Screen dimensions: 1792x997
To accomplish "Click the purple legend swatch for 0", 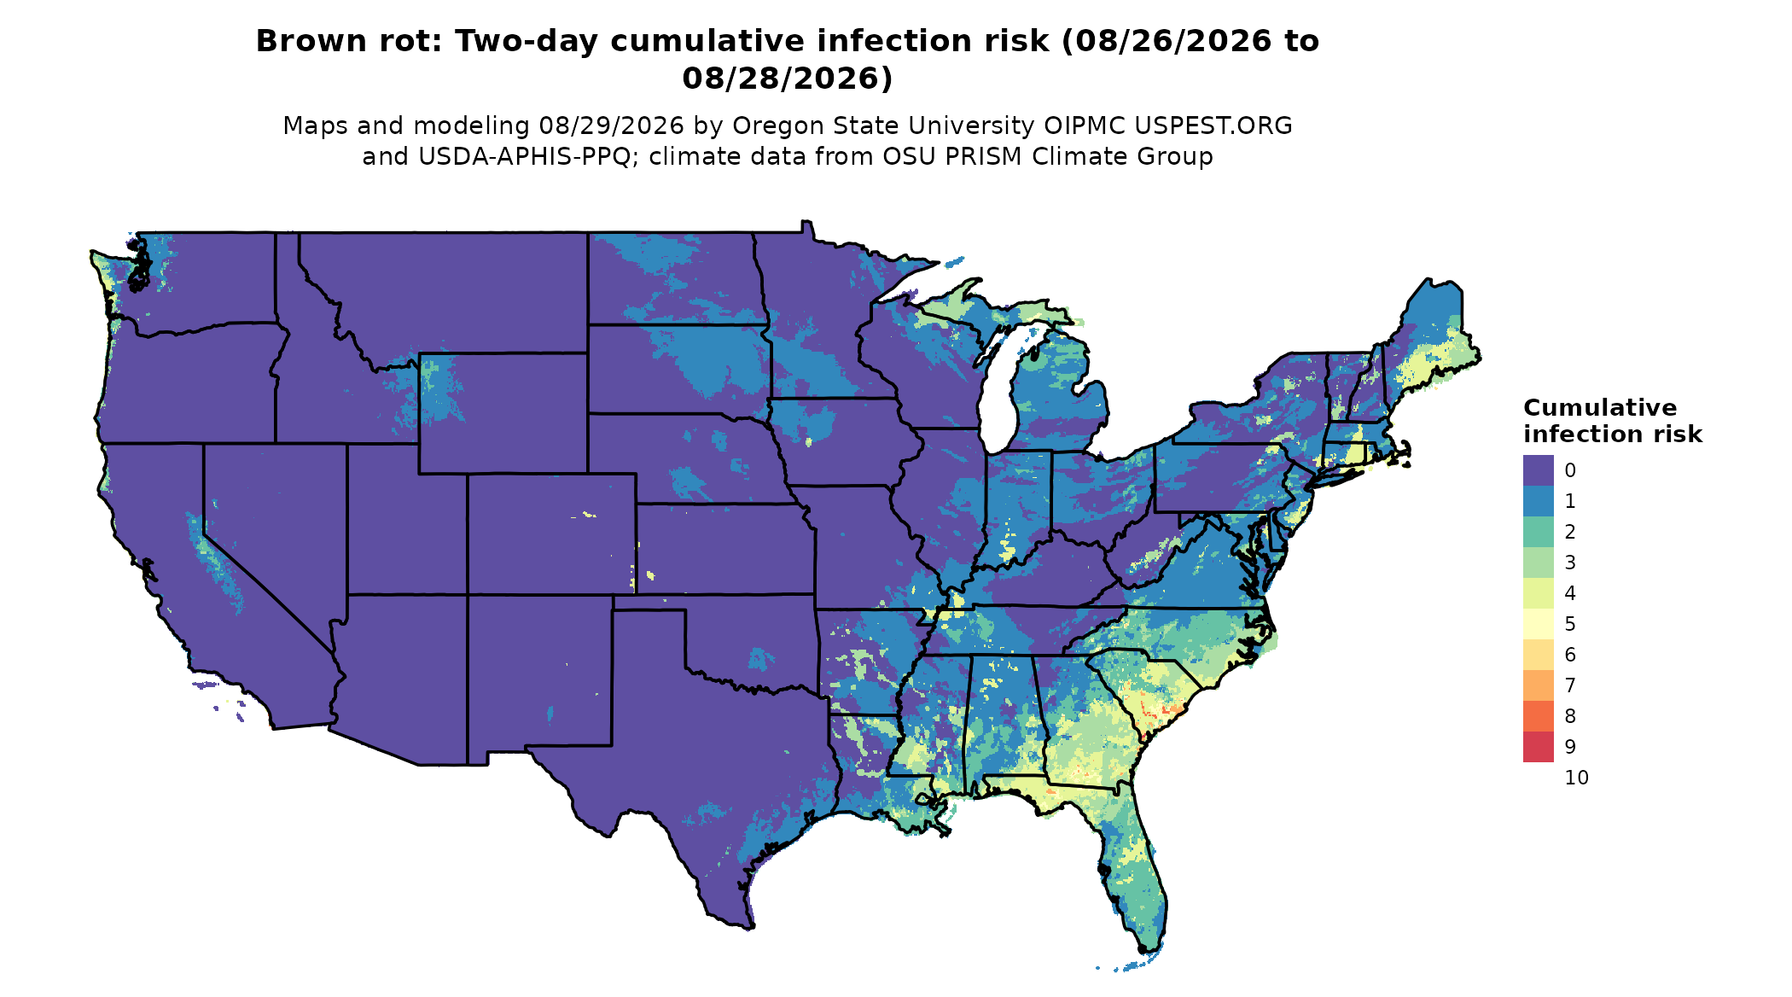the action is pos(1538,470).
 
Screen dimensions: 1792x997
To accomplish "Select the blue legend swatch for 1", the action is pos(1538,501).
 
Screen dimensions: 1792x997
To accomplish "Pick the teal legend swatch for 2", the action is pos(1538,532).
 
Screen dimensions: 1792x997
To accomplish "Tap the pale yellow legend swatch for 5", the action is pos(1538,624).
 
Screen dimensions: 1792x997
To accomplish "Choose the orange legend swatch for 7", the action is pos(1538,685).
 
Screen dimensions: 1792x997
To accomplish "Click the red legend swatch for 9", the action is pos(1538,747).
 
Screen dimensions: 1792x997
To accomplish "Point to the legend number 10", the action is pos(1577,778).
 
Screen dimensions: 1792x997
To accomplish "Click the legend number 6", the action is pos(1570,655).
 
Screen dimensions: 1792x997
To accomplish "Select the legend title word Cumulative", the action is pos(1600,408).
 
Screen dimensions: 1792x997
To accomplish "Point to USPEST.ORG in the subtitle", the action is pos(1213,125).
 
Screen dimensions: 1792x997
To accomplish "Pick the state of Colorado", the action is pos(551,534).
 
